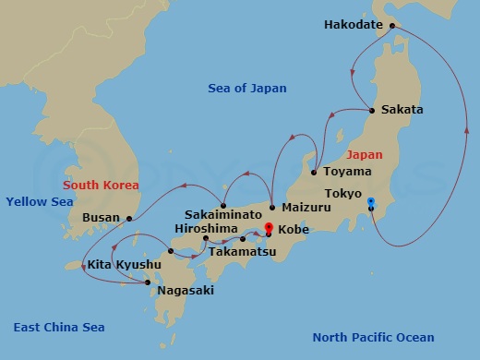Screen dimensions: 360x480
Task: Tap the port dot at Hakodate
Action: point(392,26)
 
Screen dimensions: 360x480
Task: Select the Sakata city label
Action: point(402,110)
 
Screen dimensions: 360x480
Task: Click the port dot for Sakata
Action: point(372,111)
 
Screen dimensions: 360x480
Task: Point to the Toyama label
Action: point(348,172)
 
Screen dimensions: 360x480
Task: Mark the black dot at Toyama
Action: point(315,172)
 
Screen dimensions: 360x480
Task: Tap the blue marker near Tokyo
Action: point(370,201)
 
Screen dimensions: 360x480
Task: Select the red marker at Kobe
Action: point(268,226)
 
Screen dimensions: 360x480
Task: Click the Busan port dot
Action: point(129,219)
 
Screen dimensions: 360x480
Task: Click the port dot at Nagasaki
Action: point(148,282)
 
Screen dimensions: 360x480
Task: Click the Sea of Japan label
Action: point(246,89)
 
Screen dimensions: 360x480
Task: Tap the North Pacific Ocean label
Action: point(373,338)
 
